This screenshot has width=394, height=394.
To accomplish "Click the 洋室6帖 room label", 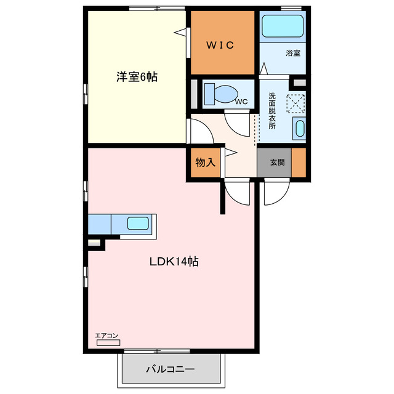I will pos(137,78).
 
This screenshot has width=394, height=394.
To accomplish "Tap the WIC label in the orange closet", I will pos(219,44).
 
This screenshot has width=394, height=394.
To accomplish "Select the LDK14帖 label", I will pos(173,261).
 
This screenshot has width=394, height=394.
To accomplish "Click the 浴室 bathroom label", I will pos(293,53).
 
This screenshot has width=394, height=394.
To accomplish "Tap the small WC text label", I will pos(241,102).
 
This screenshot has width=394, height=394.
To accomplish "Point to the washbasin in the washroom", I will pos(299,129).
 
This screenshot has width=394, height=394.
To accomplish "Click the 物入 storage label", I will pos(206,163).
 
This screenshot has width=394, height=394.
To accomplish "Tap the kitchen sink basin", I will pos(138,223).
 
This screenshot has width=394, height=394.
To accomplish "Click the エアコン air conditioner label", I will pos(106,335).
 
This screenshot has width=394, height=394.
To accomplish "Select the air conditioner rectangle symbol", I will pos(107,342).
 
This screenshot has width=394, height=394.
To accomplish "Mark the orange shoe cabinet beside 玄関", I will pos(299,163).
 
